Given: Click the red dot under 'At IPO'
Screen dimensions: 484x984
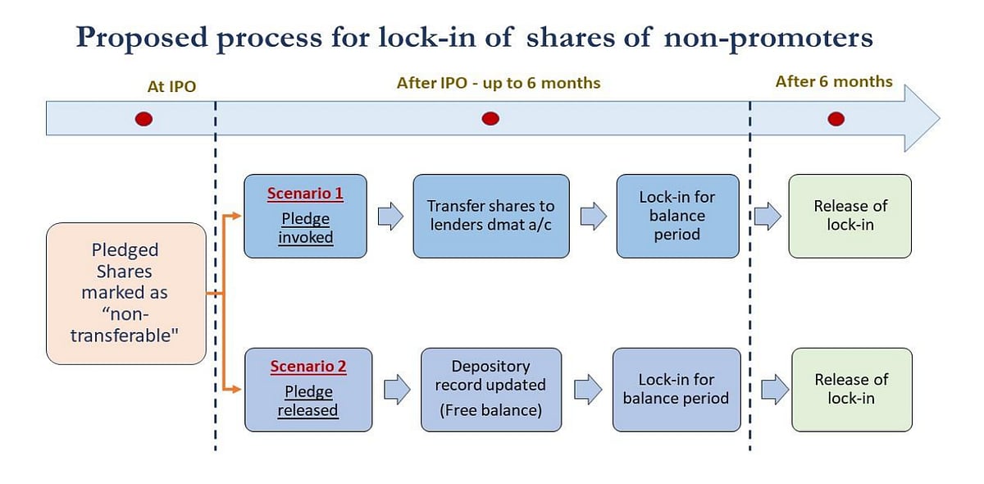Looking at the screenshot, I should click(143, 120).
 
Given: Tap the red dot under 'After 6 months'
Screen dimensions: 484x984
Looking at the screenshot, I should click(836, 120).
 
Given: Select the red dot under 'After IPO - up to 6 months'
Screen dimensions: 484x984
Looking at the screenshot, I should click(490, 120).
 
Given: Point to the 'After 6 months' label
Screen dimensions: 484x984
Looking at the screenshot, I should click(834, 81).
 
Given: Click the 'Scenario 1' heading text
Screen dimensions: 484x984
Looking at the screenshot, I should click(305, 194).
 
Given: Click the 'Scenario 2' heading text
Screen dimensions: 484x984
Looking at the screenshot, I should click(308, 367).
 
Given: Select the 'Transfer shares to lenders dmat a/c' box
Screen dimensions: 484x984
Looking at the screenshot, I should click(490, 216).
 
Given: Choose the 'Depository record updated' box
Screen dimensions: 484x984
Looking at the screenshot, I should click(490, 389).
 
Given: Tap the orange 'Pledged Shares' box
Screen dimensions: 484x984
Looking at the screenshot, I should click(125, 293).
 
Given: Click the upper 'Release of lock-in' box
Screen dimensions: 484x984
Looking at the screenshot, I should click(850, 216).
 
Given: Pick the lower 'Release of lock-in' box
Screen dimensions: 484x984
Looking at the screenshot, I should click(850, 389).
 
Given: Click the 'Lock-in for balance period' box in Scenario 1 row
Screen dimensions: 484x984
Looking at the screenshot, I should click(676, 216).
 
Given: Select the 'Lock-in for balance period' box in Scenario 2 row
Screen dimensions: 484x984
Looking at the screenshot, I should click(676, 389).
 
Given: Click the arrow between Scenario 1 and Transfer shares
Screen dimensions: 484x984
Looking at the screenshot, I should click(390, 217).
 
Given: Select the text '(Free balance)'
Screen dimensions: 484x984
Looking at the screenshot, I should click(490, 410).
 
